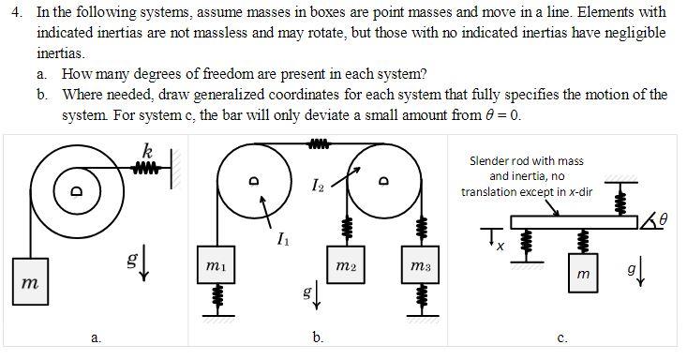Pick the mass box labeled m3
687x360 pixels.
pos(419,263)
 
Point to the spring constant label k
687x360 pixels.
pos(148,149)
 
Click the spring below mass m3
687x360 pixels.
pos(419,297)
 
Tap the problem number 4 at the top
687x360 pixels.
pos(13,12)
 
